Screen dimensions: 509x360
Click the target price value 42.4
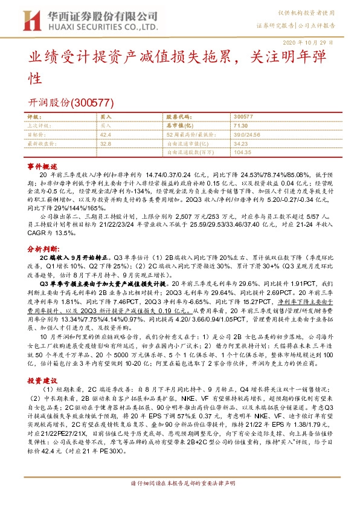[106, 135]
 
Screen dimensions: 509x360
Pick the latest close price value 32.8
[106, 144]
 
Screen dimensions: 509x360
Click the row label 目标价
[37, 135]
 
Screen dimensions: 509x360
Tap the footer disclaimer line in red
[179, 499]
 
